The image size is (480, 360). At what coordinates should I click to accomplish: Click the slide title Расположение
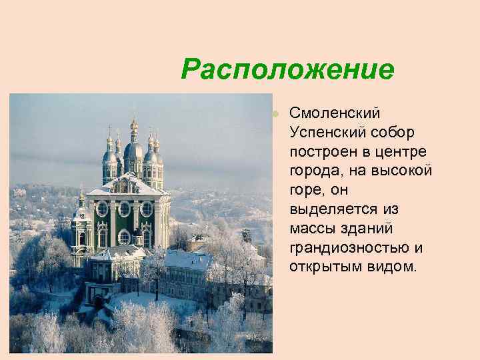pyautogui.click(x=287, y=69)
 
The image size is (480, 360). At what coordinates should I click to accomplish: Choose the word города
pyautogui.click(x=314, y=171)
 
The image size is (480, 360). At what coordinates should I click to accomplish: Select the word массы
pyautogui.click(x=312, y=229)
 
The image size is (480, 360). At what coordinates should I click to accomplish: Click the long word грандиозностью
pyautogui.click(x=349, y=248)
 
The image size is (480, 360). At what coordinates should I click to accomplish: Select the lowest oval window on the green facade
pyautogui.click(x=124, y=237)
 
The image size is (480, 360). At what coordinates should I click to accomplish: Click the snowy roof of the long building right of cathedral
pyautogui.click(x=187, y=259)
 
